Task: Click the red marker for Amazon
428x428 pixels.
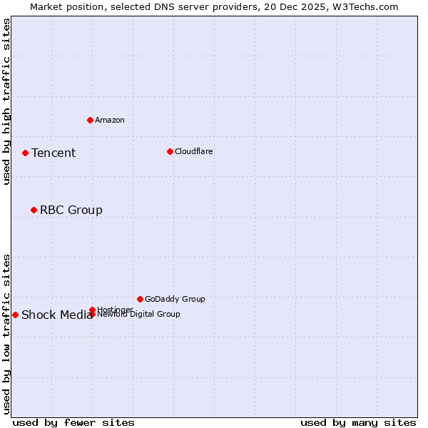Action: [90, 120]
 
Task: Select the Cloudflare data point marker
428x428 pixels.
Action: [170, 151]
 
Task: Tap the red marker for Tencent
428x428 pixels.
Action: [25, 153]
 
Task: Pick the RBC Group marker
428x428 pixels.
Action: [34, 210]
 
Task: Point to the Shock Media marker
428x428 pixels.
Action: [15, 315]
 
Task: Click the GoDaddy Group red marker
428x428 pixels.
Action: [140, 299]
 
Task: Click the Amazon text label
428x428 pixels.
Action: [109, 120]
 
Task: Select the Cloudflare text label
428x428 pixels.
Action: [193, 151]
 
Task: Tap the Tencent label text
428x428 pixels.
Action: [53, 153]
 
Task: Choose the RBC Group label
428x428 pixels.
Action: [71, 210]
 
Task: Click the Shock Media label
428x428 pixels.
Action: [56, 315]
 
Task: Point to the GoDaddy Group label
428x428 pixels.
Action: [175, 299]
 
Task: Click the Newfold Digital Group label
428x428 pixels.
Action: [139, 315]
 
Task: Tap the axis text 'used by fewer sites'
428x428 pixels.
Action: [73, 422]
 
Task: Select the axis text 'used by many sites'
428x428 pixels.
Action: [358, 422]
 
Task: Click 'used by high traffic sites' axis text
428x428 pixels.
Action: [6, 101]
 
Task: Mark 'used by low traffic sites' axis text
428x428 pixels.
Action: [6, 333]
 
